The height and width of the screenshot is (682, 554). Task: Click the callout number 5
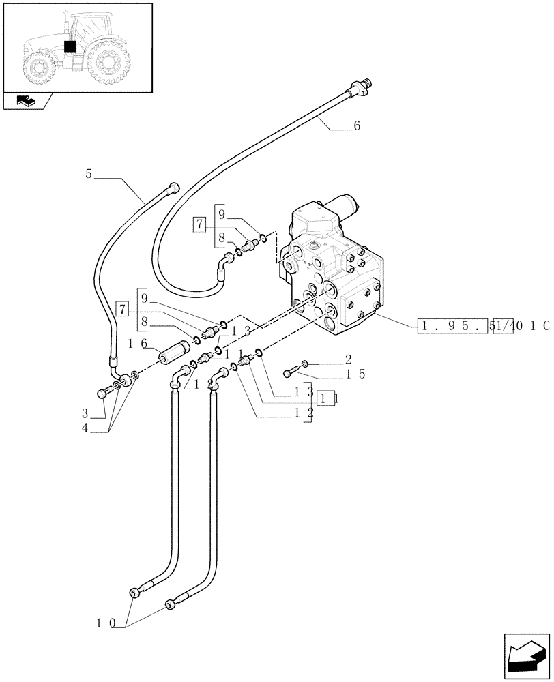coord(89,174)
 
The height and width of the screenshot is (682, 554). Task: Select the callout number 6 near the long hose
coord(357,126)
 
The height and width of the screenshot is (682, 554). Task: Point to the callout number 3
coord(85,413)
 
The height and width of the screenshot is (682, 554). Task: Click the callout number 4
coord(85,428)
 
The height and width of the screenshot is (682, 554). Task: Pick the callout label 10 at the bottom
coord(106,623)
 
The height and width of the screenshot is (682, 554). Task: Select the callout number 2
coord(348,359)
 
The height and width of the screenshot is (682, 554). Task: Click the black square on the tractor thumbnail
coord(69,46)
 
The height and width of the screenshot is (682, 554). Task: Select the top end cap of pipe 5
coord(174,189)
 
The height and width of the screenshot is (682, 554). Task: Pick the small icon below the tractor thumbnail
coord(27,102)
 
